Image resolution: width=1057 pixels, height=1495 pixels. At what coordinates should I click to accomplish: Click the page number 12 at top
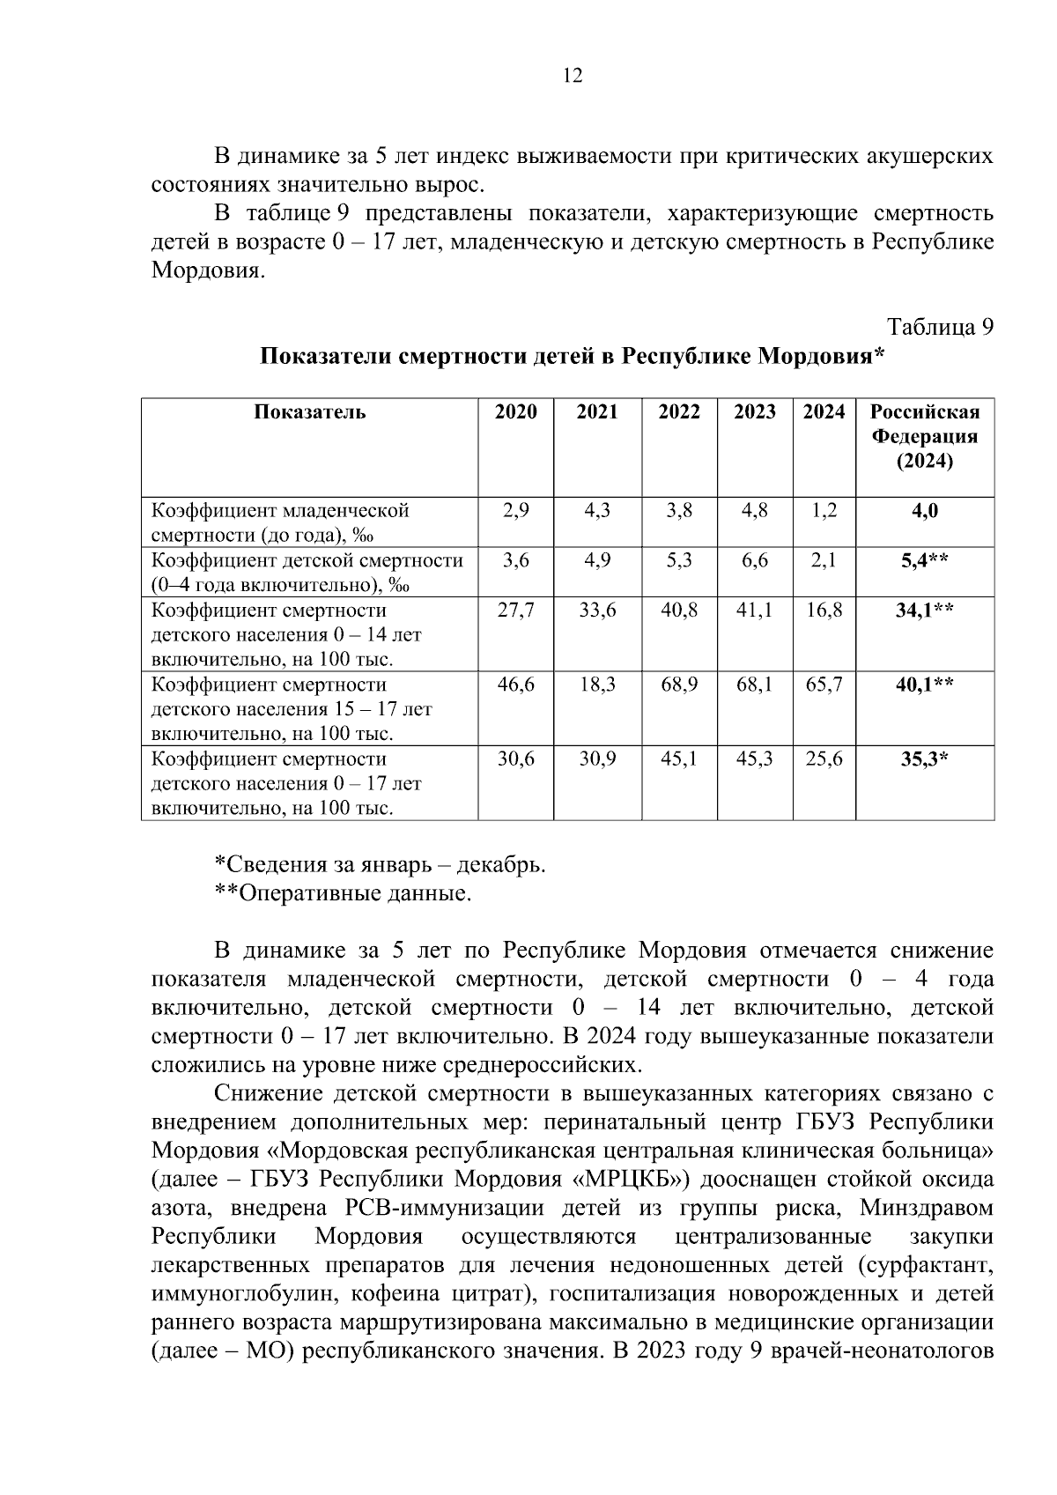coord(573,76)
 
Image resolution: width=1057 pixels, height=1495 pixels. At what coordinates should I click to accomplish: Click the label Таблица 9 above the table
coord(941,327)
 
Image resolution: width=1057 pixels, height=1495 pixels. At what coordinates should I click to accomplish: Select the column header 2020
coord(515,412)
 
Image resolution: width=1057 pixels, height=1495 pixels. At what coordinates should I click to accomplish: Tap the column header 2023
coord(755,412)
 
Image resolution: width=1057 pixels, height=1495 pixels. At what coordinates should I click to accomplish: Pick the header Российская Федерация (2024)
coord(925,437)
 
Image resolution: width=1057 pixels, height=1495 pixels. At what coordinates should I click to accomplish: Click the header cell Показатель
coord(310,412)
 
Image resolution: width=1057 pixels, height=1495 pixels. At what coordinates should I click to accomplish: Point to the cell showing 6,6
coord(755,560)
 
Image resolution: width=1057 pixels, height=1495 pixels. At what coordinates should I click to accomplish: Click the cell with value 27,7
coord(515,611)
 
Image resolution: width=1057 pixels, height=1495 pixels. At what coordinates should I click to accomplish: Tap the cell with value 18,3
coord(597,685)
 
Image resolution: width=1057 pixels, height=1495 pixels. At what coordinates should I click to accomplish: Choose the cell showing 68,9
coord(679,685)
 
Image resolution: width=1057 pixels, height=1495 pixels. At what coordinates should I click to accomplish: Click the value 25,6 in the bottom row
coord(824,759)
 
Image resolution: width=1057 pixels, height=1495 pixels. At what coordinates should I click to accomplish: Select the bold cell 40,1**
coord(924,685)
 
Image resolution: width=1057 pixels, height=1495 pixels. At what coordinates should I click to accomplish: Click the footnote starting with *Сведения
coord(381,865)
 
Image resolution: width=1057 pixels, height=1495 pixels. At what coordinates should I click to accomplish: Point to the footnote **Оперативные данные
coord(344,894)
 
